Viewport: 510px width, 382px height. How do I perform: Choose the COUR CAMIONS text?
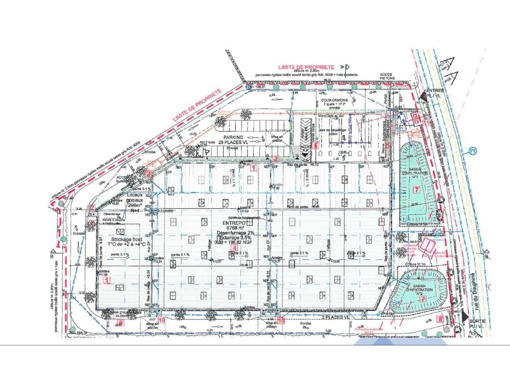[x=334, y=100]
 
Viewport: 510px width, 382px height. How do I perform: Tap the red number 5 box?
[x=316, y=146]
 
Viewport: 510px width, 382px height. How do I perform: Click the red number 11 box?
[x=426, y=123]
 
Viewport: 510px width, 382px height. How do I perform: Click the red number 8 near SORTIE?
[x=440, y=318]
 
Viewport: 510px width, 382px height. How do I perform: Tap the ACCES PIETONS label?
[x=387, y=76]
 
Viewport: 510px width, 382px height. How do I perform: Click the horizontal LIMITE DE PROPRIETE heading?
[x=306, y=68]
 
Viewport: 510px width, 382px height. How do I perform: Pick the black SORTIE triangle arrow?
[x=465, y=316]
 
